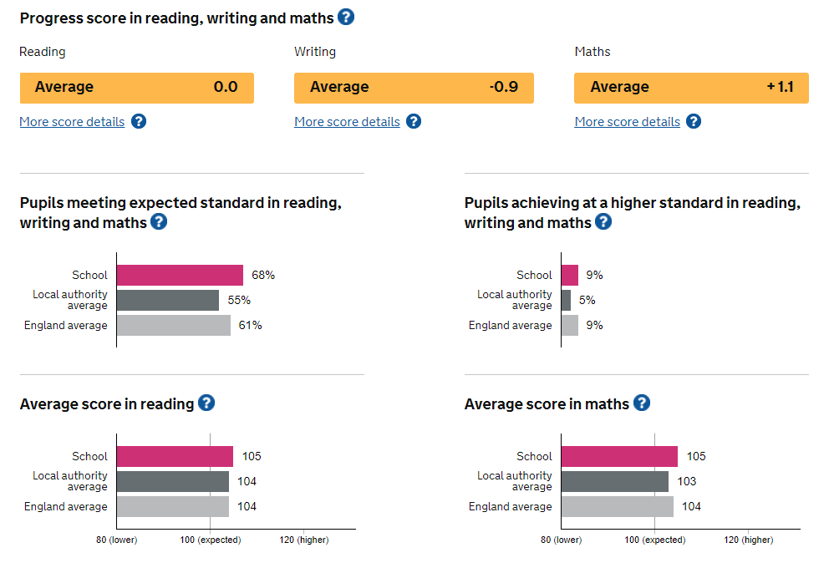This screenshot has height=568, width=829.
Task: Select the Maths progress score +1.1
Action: click(780, 87)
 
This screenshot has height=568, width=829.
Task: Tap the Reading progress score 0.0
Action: click(226, 87)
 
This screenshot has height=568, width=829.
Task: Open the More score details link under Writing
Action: click(347, 122)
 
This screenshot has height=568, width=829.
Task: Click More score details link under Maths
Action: click(627, 122)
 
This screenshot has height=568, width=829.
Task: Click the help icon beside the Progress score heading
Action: click(346, 17)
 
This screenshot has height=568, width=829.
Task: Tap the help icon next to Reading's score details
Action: click(139, 121)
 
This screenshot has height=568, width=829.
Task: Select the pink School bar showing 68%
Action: click(180, 275)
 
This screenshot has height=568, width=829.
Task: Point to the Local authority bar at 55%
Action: click(167, 300)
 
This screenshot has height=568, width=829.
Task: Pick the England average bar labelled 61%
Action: click(173, 325)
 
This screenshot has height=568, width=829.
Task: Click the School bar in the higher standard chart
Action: click(569, 275)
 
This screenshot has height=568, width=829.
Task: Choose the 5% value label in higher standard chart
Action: click(587, 300)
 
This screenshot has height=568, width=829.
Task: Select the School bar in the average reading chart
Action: click(175, 456)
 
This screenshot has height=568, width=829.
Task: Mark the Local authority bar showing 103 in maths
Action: click(614, 481)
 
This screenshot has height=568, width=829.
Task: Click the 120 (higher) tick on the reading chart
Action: click(304, 540)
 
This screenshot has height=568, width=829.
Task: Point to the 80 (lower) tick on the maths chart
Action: click(561, 540)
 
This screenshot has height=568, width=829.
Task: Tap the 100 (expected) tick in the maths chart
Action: click(655, 540)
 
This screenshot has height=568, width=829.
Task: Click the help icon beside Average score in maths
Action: click(641, 403)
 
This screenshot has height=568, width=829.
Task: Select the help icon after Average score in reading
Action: click(206, 403)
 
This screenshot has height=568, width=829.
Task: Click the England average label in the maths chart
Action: click(510, 506)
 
